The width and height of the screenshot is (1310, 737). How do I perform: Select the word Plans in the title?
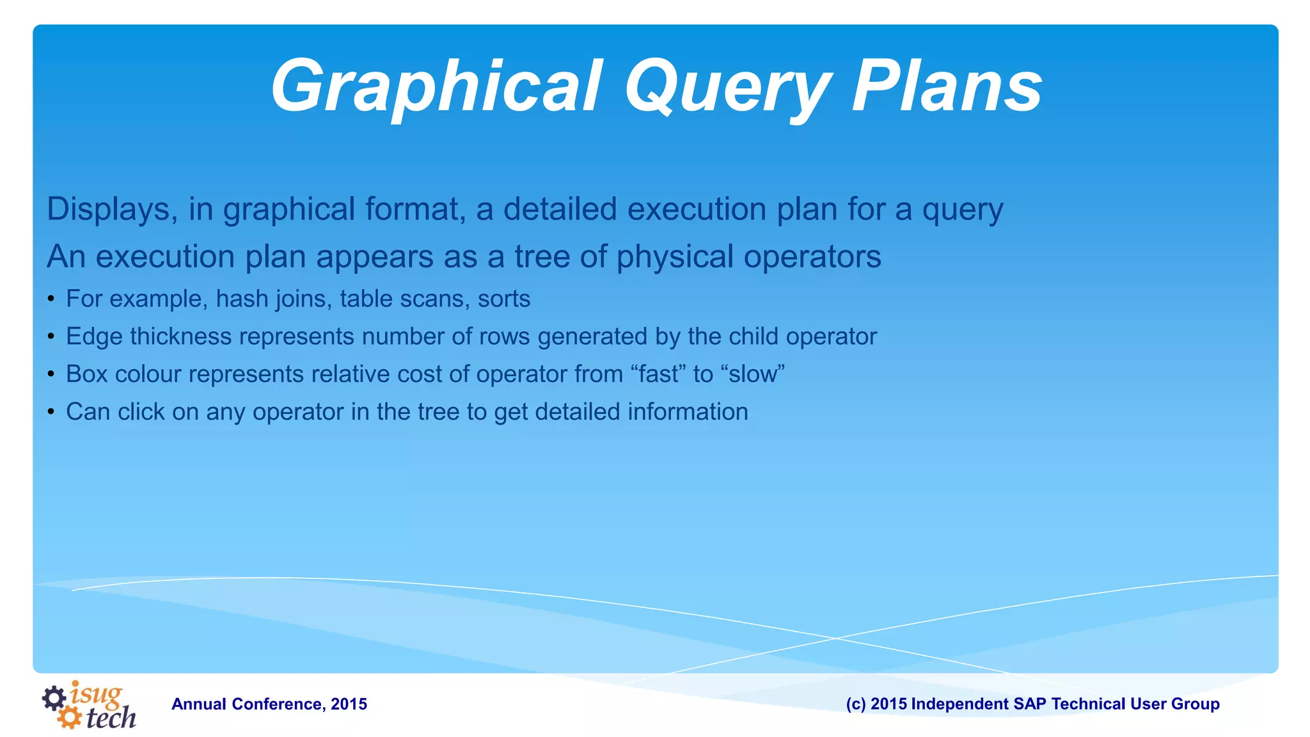(x=947, y=86)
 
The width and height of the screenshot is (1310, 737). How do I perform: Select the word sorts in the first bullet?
(x=504, y=299)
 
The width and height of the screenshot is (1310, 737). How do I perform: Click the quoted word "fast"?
(x=658, y=374)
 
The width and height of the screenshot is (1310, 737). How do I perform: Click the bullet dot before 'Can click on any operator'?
(x=51, y=412)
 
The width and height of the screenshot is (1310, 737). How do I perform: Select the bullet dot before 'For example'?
(x=51, y=299)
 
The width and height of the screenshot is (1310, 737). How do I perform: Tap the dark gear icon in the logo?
(x=54, y=698)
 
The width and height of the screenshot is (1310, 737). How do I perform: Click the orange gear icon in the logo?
(x=69, y=717)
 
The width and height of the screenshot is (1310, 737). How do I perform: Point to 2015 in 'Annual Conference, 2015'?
(x=349, y=704)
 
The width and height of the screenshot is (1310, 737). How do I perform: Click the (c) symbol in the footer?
(x=856, y=704)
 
